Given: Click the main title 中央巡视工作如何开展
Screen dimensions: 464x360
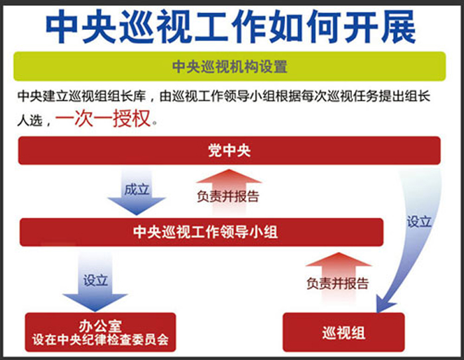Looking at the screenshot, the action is point(231,27).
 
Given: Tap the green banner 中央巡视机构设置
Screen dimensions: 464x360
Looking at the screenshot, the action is point(229,66).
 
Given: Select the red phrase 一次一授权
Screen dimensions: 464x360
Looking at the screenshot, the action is point(103,119).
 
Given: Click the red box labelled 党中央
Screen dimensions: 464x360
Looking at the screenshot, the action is point(229,150).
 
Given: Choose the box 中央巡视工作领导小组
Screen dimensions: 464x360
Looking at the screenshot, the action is point(202,232).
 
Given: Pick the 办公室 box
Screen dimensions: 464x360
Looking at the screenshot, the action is point(100,332).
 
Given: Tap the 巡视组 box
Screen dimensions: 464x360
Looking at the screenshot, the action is point(343,332).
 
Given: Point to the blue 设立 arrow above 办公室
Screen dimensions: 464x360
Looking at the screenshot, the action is point(95,281).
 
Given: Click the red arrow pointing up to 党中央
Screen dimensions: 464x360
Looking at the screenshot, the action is point(229,192).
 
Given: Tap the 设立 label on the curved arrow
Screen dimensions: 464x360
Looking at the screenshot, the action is point(419,221).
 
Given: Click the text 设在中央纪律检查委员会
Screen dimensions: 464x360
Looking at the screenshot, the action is point(100,339).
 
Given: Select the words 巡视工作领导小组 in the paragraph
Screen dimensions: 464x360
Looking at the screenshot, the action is point(223,96).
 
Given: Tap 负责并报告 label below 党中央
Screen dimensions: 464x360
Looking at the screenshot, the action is point(228,196).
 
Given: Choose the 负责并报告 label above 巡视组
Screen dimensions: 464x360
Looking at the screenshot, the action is point(337,283).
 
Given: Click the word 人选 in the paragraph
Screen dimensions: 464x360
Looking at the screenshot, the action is point(30,121).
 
